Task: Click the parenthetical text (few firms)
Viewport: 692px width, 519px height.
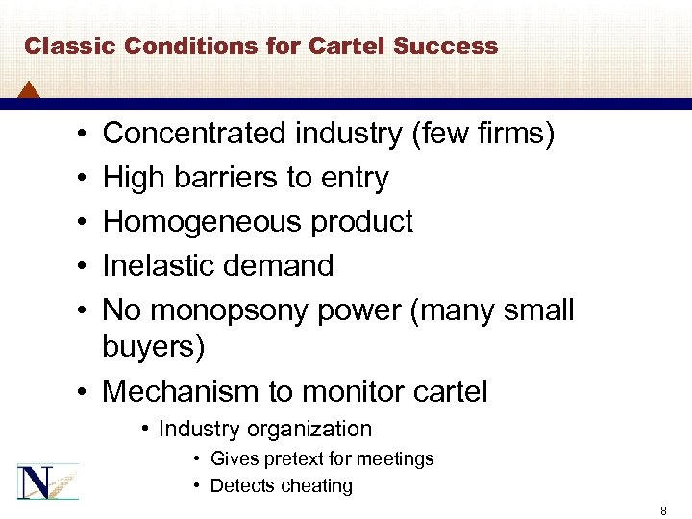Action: point(482,134)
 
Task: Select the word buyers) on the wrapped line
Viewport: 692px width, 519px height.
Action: point(154,347)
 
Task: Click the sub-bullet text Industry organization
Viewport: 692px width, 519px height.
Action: point(264,429)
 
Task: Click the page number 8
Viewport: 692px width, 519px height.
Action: point(663,511)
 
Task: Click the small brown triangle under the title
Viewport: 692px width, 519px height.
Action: point(29,90)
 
